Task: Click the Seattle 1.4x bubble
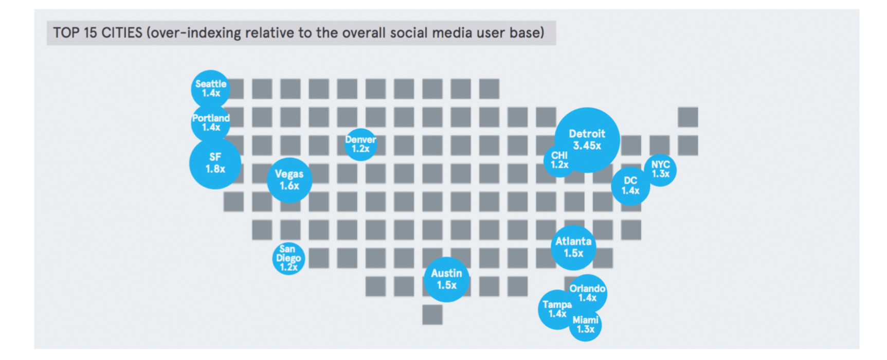click(x=210, y=88)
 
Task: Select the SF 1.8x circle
click(x=215, y=163)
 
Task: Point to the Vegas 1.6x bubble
click(x=289, y=180)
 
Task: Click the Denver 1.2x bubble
click(x=360, y=145)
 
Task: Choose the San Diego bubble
click(x=288, y=258)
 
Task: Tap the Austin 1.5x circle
click(x=446, y=279)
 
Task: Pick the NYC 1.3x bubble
click(x=660, y=170)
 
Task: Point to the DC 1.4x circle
click(x=630, y=186)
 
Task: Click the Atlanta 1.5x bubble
click(x=573, y=247)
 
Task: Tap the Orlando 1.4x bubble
click(x=588, y=293)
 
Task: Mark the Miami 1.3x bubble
click(x=585, y=325)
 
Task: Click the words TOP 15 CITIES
click(x=98, y=33)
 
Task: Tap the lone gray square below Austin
click(x=432, y=315)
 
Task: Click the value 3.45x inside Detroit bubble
click(x=587, y=146)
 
